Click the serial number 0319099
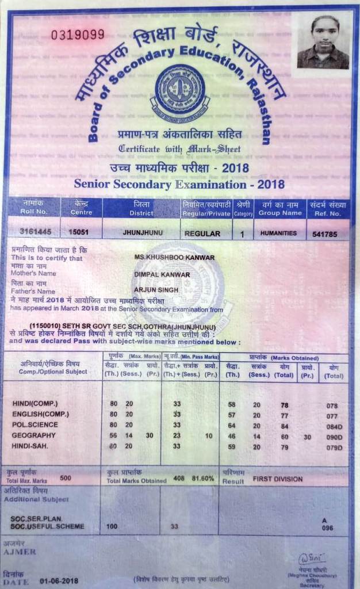pyautogui.click(x=78, y=35)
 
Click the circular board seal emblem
pyautogui.click(x=180, y=90)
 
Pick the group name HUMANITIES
pyautogui.click(x=278, y=233)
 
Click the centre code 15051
pyautogui.click(x=78, y=232)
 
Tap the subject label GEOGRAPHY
pyautogui.click(x=33, y=435)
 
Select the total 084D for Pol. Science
pyautogui.click(x=334, y=426)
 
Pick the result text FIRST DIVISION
pyautogui.click(x=278, y=478)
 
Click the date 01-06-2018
pyautogui.click(x=59, y=580)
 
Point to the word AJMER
pyautogui.click(x=20, y=552)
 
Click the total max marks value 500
pyautogui.click(x=66, y=477)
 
